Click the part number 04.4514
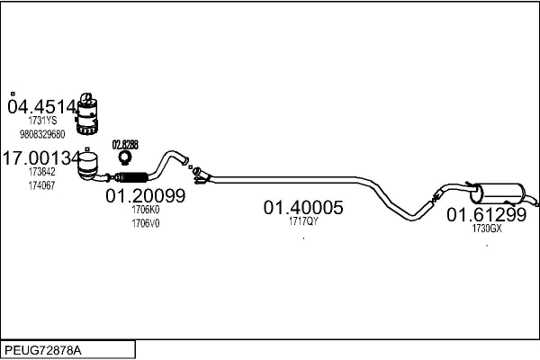click(x=42, y=107)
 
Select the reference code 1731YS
click(x=41, y=121)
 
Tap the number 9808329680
click(x=42, y=134)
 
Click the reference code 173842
click(x=41, y=172)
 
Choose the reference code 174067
click(x=41, y=185)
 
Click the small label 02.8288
click(x=125, y=144)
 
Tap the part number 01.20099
click(x=145, y=195)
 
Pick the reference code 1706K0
click(x=145, y=210)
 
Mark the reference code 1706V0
click(x=145, y=223)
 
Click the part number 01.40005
click(x=303, y=208)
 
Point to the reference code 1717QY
click(x=303, y=221)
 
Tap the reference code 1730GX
click(x=486, y=229)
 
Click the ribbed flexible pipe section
click(x=133, y=175)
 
